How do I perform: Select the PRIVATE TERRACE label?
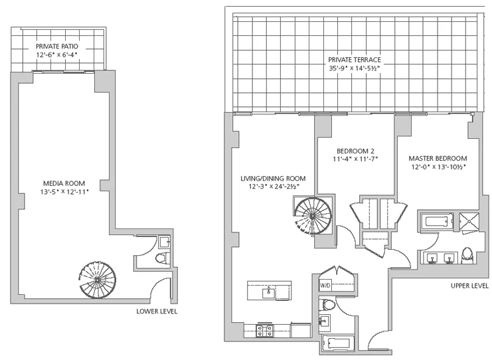tap(354, 59)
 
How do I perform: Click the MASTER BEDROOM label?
tap(437, 158)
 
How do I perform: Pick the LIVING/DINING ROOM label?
tap(273, 178)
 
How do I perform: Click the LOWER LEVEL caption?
tap(157, 311)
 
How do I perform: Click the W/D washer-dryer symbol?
tap(325, 286)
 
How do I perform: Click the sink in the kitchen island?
tap(269, 291)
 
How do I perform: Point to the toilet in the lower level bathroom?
tap(160, 258)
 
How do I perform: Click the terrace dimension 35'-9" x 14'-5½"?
tap(354, 68)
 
